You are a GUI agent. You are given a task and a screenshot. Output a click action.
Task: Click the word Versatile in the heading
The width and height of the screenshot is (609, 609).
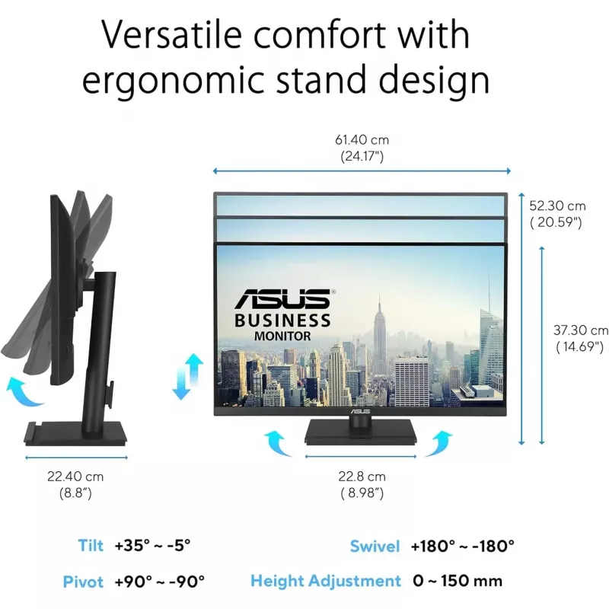click(x=171, y=34)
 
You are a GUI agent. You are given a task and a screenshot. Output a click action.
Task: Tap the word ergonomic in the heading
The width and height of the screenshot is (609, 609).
click(x=174, y=79)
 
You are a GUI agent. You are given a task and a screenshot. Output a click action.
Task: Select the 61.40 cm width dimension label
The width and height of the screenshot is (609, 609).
click(x=362, y=148)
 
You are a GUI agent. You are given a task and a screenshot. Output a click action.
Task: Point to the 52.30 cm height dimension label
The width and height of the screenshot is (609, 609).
click(x=557, y=214)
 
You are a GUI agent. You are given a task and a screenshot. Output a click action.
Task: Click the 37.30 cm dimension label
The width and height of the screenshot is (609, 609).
click(x=581, y=338)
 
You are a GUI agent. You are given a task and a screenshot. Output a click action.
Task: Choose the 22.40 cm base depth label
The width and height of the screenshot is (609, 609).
click(x=75, y=484)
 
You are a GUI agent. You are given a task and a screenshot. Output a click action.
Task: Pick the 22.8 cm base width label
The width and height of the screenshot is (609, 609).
click(x=362, y=484)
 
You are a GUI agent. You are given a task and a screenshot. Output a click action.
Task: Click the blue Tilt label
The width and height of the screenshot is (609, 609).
click(x=91, y=545)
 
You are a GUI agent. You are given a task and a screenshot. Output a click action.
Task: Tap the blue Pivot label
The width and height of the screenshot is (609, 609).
click(x=83, y=582)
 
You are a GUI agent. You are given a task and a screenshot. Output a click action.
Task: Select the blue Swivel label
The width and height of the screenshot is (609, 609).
click(x=375, y=546)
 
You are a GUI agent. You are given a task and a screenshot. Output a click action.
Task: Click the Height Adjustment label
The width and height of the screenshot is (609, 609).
click(x=326, y=581)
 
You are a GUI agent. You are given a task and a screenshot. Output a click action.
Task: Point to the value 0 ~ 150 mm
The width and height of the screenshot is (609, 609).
click(x=458, y=581)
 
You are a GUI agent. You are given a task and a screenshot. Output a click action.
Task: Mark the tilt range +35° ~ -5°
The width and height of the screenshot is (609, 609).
click(x=153, y=545)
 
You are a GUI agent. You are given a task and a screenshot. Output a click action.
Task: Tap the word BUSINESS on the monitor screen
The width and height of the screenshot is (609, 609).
click(x=282, y=320)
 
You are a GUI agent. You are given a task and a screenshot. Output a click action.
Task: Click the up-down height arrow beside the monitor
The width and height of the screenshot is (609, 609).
click(x=187, y=377)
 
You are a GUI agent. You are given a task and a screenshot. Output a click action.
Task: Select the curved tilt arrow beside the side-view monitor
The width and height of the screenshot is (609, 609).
click(x=24, y=391)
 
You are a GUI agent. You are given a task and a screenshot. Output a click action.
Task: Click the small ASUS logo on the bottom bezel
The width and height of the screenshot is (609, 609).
click(x=360, y=411)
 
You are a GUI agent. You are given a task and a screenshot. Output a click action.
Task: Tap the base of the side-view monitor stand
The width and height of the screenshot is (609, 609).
click(x=75, y=433)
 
